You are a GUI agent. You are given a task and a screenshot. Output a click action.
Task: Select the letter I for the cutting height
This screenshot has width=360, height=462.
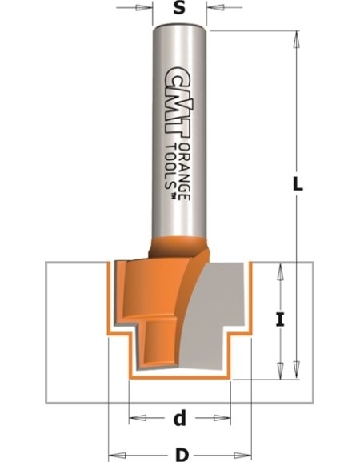pos(279,321)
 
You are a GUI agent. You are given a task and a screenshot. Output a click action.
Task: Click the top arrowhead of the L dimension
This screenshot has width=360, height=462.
pos(295,37)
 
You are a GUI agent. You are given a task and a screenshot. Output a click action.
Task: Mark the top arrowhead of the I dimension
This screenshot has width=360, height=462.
pos(279,271)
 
